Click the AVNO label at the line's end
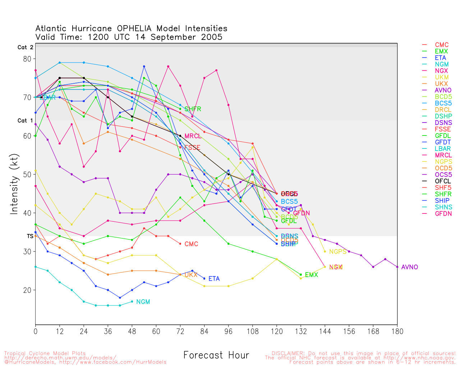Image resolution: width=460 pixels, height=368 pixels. click(410, 267)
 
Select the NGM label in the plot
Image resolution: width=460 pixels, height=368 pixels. click(143, 302)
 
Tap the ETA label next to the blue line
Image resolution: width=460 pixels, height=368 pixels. click(214, 279)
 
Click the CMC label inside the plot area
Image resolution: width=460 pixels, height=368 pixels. click(191, 244)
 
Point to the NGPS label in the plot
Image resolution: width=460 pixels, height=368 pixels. click(338, 252)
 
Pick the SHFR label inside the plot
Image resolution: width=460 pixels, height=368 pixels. click(193, 109)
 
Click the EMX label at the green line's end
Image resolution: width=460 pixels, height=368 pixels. click(311, 275)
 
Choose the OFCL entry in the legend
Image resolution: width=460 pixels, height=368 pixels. click(443, 181)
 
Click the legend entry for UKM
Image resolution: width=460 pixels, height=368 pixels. click(442, 77)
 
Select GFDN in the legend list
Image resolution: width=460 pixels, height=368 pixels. click(443, 213)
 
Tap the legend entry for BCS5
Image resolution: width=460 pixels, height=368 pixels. click(443, 103)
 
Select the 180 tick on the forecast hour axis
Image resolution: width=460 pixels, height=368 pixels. click(397, 331)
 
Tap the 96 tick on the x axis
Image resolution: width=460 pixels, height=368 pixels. click(229, 331)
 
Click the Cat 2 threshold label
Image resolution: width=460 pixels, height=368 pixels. click(25, 47)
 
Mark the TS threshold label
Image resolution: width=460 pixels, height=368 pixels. click(30, 236)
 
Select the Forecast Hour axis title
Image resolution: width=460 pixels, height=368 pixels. click(216, 355)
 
